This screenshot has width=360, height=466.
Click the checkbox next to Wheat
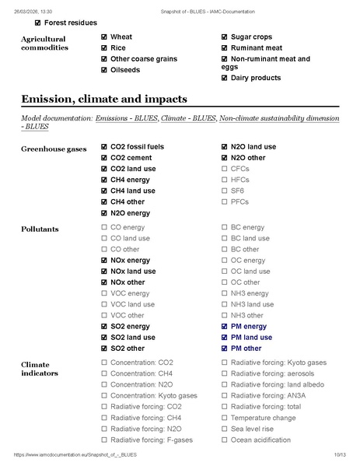tap(104, 37)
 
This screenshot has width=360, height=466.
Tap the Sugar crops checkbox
tap(225, 37)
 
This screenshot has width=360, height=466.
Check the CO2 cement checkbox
tap(104, 158)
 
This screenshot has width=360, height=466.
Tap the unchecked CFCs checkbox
tap(225, 169)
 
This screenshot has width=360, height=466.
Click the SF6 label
tap(237, 191)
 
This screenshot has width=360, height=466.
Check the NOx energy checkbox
tap(104, 261)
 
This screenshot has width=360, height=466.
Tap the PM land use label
tap(251, 338)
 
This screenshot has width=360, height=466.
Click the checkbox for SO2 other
tap(104, 349)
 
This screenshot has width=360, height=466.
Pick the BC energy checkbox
tap(225, 228)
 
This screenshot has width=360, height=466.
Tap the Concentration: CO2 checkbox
tap(104, 363)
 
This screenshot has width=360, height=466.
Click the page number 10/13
tap(338, 454)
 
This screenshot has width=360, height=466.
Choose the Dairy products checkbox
tap(225, 78)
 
